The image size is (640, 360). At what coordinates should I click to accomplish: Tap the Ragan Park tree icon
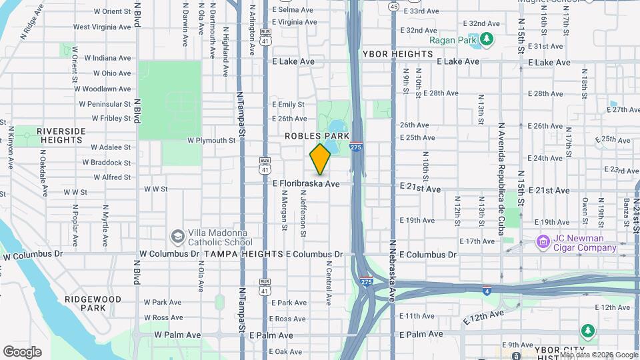pyautogui.click(x=487, y=39)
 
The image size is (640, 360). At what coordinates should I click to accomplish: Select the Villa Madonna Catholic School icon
pyautogui.click(x=177, y=237)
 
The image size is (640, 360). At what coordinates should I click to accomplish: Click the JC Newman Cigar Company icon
pyautogui.click(x=543, y=240)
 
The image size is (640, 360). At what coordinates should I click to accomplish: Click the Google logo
pyautogui.click(x=22, y=351)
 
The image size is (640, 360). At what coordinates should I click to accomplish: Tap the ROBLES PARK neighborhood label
pyautogui.click(x=308, y=136)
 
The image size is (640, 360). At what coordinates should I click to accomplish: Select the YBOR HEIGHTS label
pyautogui.click(x=398, y=53)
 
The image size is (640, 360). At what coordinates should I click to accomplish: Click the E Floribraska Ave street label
pyautogui.click(x=306, y=183)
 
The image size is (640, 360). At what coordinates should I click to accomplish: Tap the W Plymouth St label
pyautogui.click(x=211, y=141)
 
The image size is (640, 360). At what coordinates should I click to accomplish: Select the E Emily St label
pyautogui.click(x=288, y=104)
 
